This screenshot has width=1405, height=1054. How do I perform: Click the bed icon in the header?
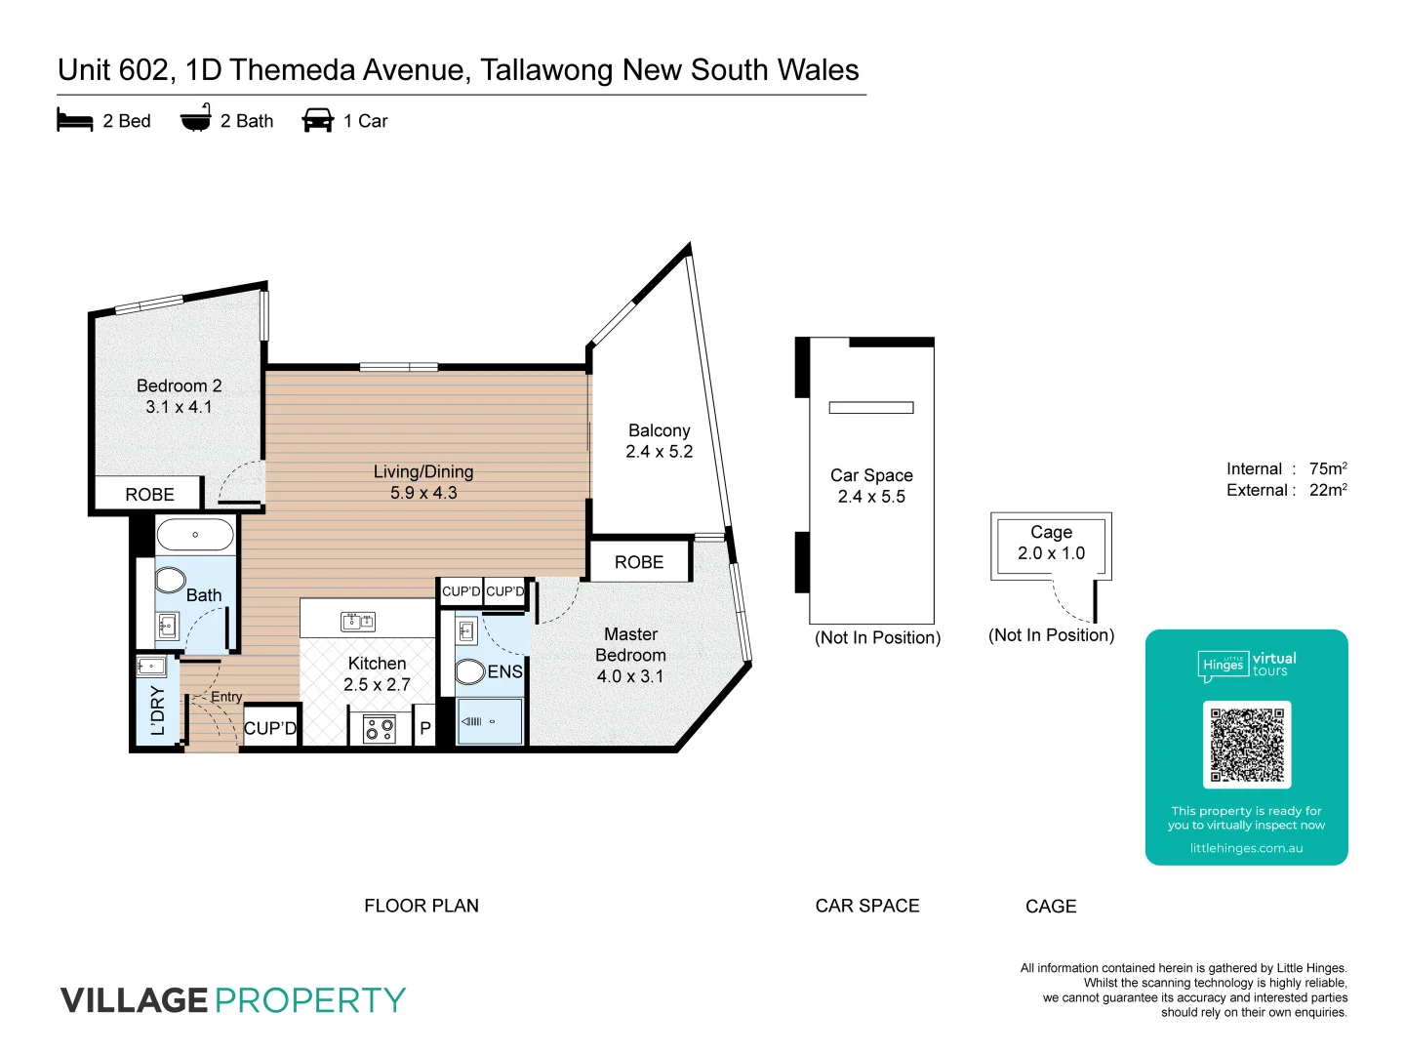[75, 120]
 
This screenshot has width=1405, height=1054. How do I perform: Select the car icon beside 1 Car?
[318, 120]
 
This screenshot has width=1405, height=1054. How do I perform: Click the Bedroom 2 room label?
[180, 385]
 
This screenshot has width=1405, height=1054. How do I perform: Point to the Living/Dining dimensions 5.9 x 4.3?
[423, 493]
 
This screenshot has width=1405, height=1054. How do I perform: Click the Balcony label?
[660, 430]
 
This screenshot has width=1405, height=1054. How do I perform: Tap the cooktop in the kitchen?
[379, 729]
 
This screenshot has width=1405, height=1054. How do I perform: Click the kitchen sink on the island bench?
[358, 621]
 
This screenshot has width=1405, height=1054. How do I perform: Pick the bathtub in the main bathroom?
[195, 535]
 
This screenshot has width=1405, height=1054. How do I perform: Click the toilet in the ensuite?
[470, 671]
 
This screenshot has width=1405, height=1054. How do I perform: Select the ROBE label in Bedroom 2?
[149, 495]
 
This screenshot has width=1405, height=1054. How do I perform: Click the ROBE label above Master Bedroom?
[639, 562]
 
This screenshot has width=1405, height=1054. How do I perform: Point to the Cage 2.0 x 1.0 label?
[1051, 543]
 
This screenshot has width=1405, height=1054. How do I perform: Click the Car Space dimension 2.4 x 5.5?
[871, 497]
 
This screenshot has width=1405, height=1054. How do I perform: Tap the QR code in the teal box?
[1247, 745]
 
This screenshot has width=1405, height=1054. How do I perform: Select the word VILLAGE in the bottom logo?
[134, 1000]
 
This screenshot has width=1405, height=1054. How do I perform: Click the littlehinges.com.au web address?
[1246, 848]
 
